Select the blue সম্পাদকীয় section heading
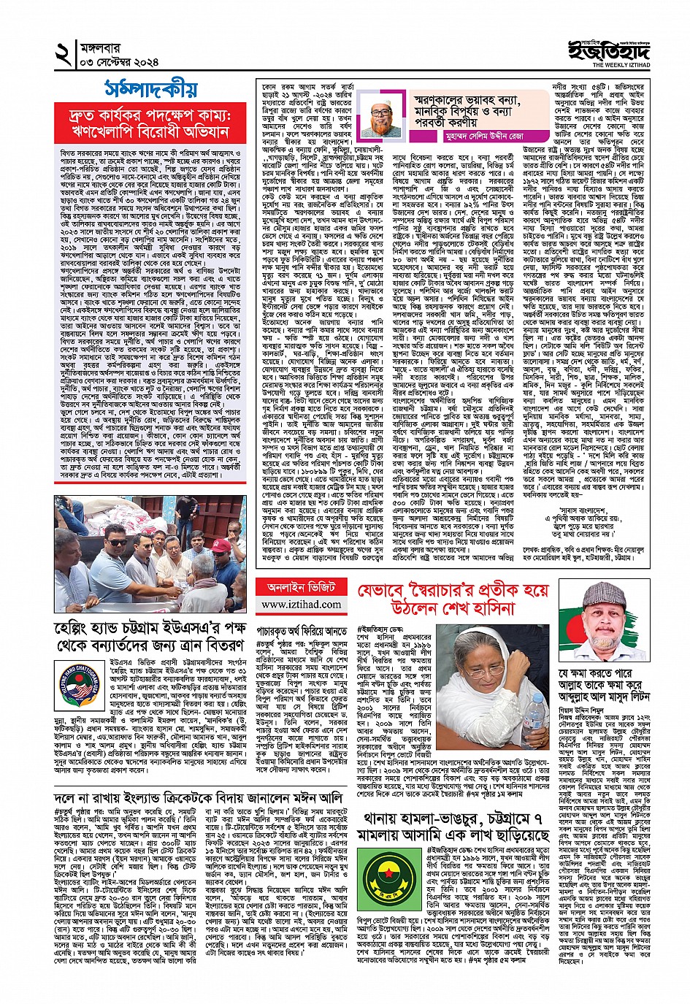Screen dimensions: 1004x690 pyautogui.click(x=150, y=89)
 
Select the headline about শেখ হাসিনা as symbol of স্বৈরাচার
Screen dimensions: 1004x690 pyautogui.click(x=453, y=599)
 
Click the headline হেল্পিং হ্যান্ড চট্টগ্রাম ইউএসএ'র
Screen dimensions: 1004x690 pyautogui.click(x=150, y=637)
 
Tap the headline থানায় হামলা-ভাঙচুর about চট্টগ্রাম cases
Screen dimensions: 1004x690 pyautogui.click(x=453, y=824)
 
